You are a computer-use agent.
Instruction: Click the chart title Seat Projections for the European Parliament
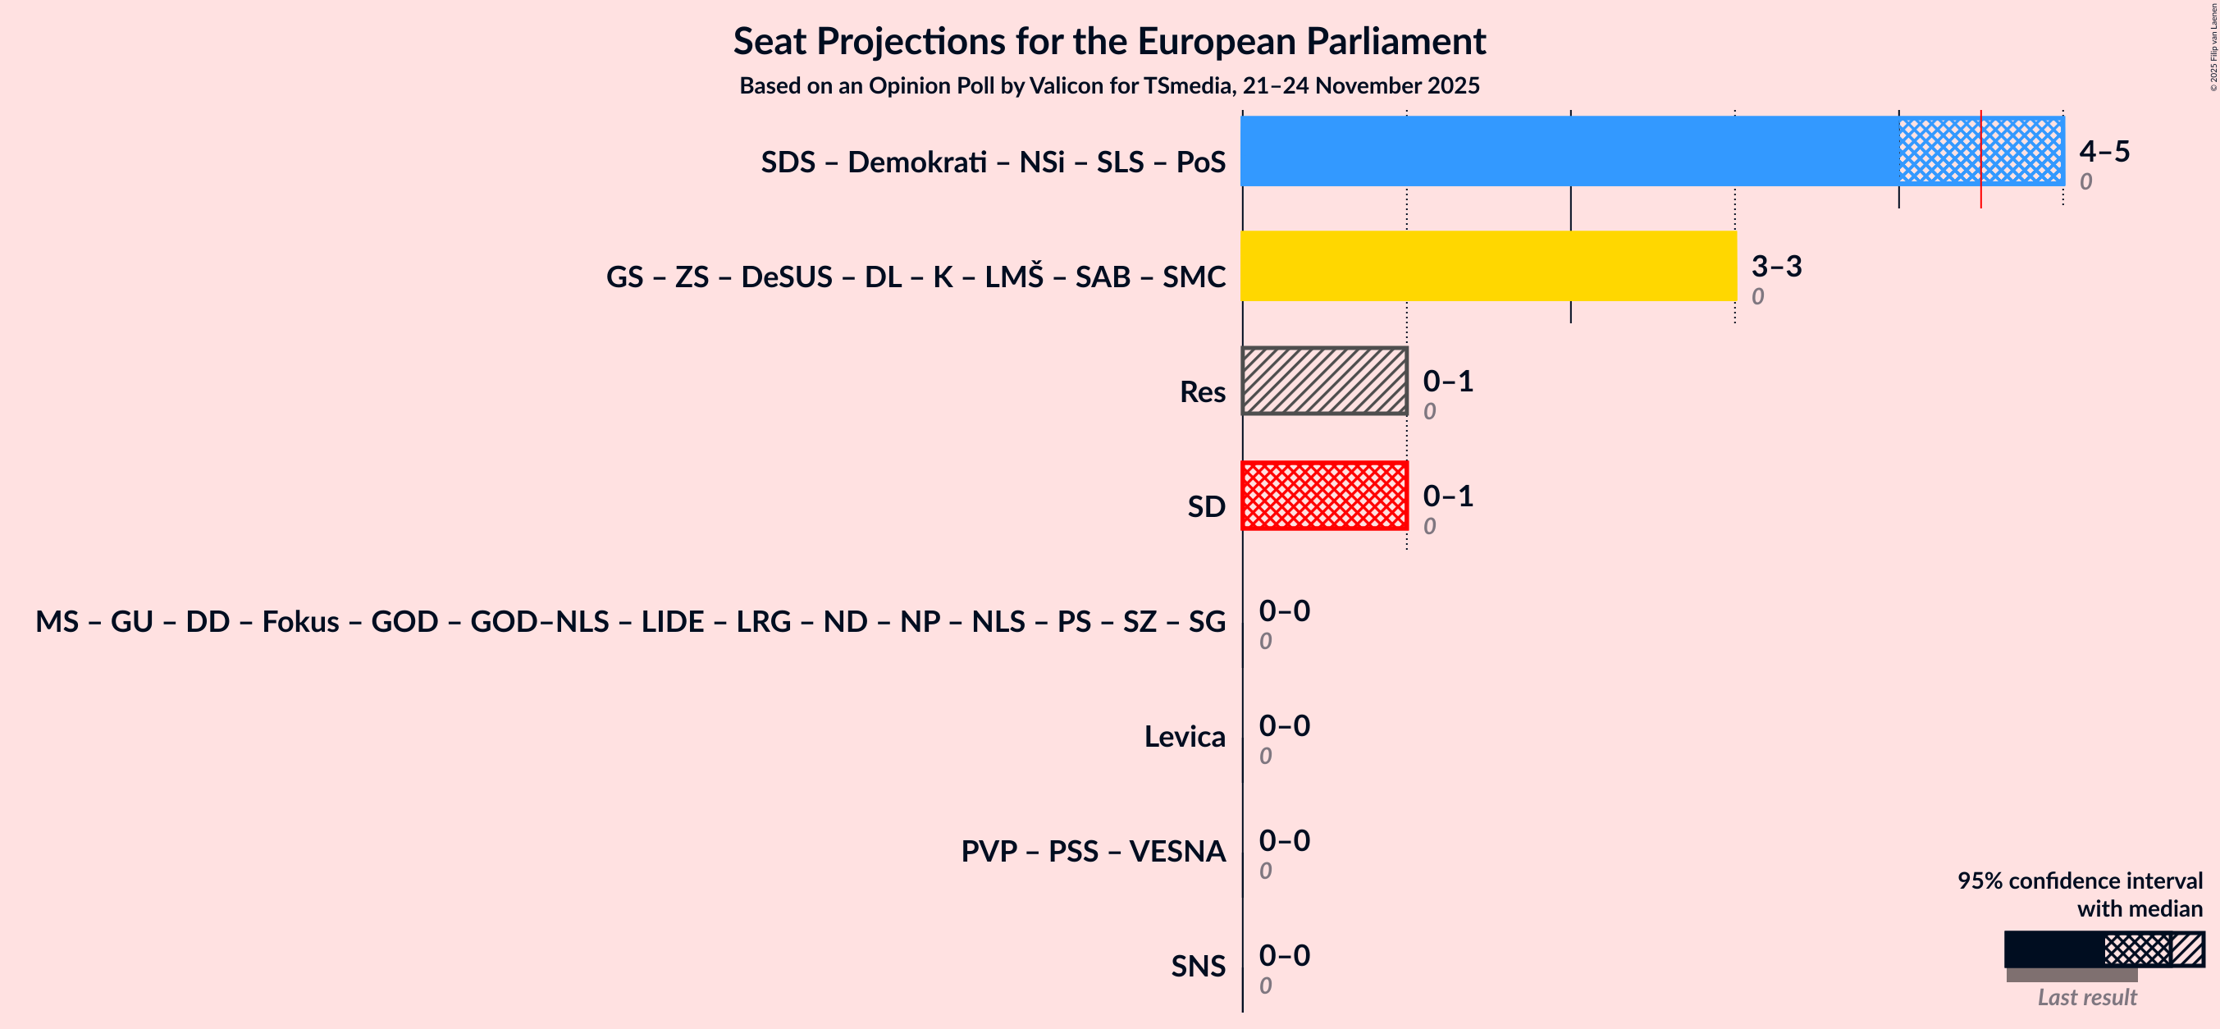coord(1109,41)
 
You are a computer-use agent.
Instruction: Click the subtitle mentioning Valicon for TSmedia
coord(1109,86)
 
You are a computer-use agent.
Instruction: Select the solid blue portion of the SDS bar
coord(1569,151)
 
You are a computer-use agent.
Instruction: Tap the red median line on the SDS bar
coord(1980,159)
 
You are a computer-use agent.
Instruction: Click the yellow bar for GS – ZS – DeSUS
coord(1488,265)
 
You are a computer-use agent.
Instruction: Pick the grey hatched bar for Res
coord(1324,381)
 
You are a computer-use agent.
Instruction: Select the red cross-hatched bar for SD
coord(1324,496)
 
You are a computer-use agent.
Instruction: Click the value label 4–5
coord(2104,152)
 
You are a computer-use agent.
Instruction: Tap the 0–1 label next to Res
coord(1448,381)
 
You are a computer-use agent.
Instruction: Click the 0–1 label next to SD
coord(1448,496)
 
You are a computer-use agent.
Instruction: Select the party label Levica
coord(1184,737)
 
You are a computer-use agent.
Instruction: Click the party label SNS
coord(1197,966)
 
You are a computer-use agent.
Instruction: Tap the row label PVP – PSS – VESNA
coord(1093,852)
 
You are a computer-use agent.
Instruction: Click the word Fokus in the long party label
coord(300,621)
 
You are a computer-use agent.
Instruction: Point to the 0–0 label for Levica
coord(1284,725)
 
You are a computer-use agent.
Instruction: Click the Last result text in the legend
coord(2086,997)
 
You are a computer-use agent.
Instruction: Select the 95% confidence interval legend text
coord(2079,880)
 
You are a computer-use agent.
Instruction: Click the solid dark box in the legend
coord(2053,949)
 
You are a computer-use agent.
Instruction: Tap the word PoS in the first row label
coord(1200,162)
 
